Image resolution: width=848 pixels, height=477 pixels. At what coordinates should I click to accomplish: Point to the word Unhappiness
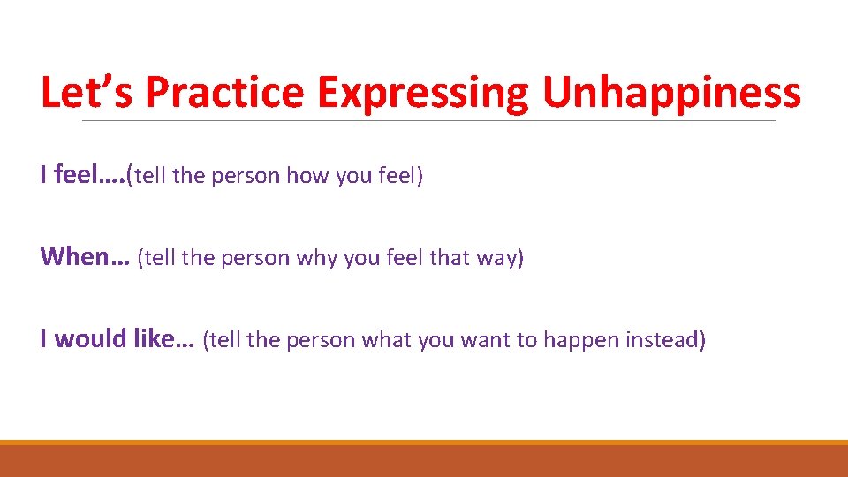[671, 93]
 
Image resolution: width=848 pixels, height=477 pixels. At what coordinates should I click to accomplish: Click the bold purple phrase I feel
[79, 176]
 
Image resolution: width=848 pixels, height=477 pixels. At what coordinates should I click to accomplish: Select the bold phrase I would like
[117, 339]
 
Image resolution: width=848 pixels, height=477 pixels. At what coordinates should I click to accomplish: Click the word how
[307, 177]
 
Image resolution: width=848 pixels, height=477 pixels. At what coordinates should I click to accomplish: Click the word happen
[578, 341]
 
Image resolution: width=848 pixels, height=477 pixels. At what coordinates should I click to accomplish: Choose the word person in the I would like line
[325, 340]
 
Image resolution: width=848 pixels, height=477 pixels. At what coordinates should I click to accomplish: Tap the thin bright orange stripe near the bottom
[424, 443]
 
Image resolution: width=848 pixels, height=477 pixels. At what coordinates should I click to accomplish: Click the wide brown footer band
[424, 461]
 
